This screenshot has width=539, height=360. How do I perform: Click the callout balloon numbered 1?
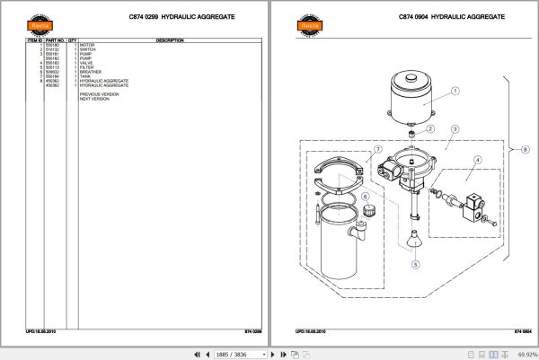455,91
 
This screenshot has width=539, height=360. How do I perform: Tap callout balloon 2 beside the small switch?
430,128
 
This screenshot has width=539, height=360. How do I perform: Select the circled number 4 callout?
478,161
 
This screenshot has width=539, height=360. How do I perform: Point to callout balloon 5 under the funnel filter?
414,265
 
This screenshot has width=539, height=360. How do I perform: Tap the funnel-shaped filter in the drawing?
414,243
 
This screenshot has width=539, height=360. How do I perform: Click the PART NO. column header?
52,40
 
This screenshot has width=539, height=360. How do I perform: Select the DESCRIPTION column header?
170,40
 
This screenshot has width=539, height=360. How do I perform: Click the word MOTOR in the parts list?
87,45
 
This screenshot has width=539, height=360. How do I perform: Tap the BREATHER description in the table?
92,72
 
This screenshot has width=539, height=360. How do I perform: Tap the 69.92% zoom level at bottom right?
523,353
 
